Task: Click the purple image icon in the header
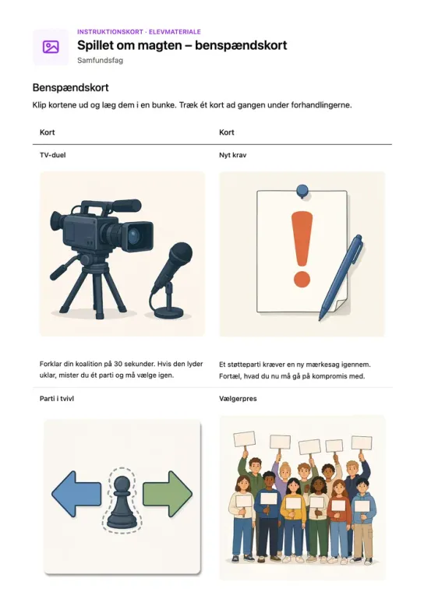click(x=51, y=47)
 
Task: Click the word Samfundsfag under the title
click(x=101, y=60)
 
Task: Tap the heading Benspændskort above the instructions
click(x=71, y=87)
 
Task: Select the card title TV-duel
click(x=53, y=155)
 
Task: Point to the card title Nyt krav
click(x=233, y=155)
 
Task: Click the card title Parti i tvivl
click(x=57, y=399)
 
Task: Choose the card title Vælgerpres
click(x=238, y=399)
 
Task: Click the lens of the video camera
click(x=135, y=236)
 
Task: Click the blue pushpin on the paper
click(x=302, y=190)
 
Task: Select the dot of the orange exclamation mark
click(x=302, y=280)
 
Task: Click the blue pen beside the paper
click(x=341, y=278)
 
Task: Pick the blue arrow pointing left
click(x=76, y=494)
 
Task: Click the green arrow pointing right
click(x=168, y=494)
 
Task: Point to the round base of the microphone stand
click(x=168, y=313)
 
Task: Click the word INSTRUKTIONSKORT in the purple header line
click(x=110, y=32)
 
